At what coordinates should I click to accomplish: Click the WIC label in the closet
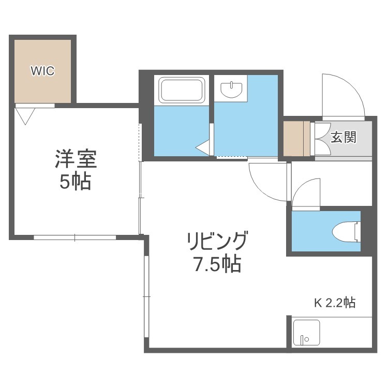[x=42, y=71]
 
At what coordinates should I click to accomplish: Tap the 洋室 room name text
[x=76, y=159]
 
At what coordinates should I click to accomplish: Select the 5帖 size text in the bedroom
[x=75, y=182]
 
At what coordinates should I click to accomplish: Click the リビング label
[x=217, y=241]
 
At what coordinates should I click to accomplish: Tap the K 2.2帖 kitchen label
[x=335, y=303]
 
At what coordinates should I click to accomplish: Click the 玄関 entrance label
[x=344, y=137]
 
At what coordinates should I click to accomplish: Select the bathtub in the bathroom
[x=182, y=90]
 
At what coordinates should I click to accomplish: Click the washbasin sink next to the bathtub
[x=231, y=89]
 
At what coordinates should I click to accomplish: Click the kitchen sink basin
[x=306, y=333]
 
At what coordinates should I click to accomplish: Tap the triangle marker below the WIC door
[x=25, y=116]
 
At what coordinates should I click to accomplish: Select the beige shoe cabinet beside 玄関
[x=296, y=139]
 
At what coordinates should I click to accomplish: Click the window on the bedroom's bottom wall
[x=74, y=237]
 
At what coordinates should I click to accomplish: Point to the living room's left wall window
[x=146, y=296]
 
